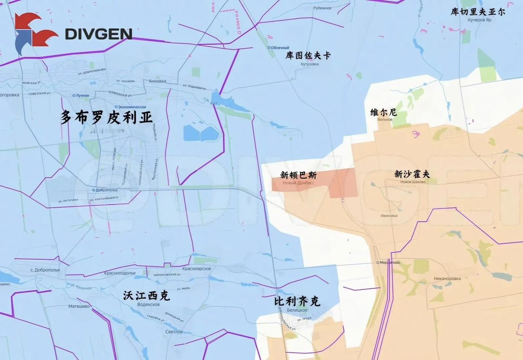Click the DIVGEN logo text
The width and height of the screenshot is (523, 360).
tap(98, 34)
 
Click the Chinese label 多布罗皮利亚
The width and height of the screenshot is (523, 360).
tap(107, 118)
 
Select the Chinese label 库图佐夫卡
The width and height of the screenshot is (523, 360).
tap(308, 56)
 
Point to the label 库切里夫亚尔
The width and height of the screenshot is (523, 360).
tap(478, 12)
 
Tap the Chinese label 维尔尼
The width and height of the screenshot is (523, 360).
tap(384, 112)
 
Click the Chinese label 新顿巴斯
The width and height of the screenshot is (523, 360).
tap(298, 175)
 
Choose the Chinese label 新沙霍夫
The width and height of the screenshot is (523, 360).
tap(412, 174)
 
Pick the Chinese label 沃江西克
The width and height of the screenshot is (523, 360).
tap(146, 296)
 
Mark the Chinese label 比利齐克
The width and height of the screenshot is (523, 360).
tap(297, 302)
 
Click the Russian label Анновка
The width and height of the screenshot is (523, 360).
tap(158, 81)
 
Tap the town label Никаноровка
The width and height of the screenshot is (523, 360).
tap(447, 279)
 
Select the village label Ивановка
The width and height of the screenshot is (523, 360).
tap(389, 216)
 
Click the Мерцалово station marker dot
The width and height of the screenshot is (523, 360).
tap(378, 262)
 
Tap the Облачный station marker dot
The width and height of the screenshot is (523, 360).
tap(268, 48)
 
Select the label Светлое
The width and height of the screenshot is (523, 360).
tap(174, 332)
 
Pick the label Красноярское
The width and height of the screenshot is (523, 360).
tap(197, 268)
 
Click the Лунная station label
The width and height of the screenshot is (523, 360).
tap(82, 95)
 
